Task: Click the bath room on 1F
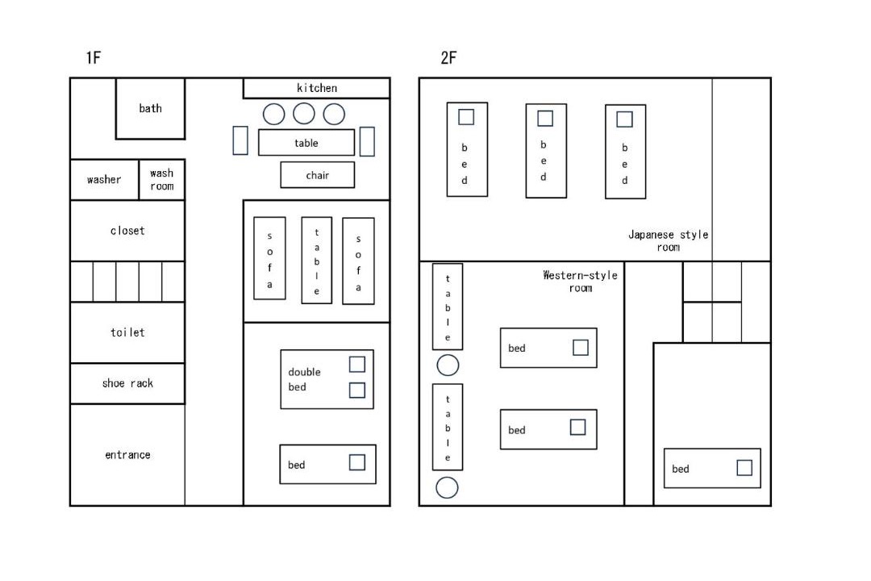(150, 108)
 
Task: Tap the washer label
(104, 180)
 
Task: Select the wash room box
(161, 180)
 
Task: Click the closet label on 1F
(127, 231)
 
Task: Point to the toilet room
(127, 332)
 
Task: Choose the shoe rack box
(127, 383)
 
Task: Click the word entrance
(127, 455)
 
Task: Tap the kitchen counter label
(317, 88)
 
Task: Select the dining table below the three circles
(306, 143)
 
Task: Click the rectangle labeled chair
(317, 175)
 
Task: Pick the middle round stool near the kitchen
(304, 114)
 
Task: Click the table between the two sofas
(317, 260)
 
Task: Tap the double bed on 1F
(327, 379)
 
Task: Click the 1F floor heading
(94, 57)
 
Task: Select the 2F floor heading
(448, 57)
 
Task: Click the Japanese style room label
(669, 240)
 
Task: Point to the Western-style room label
(580, 282)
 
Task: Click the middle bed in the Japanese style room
(546, 151)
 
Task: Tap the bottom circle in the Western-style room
(447, 487)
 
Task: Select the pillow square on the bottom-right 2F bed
(744, 467)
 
